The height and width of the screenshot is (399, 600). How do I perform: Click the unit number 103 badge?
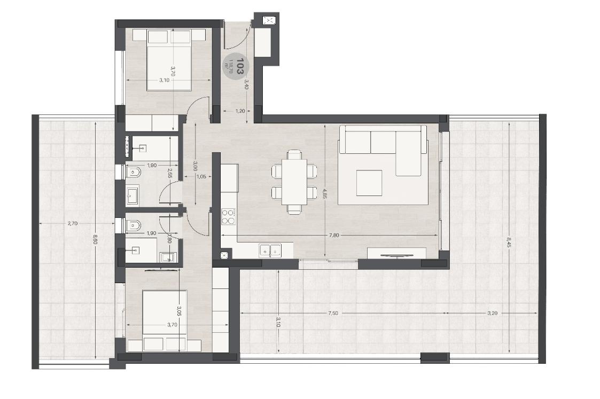click(x=235, y=67)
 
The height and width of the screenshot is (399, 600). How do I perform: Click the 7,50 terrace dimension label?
click(x=333, y=313)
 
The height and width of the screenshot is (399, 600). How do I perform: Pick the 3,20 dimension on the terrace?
click(x=492, y=313)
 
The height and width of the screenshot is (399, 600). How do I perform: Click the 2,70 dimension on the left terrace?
click(x=73, y=223)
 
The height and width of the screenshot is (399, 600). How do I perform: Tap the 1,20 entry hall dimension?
click(x=240, y=111)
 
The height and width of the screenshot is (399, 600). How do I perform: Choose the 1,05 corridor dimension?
click(x=201, y=177)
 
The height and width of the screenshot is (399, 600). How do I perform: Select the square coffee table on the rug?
click(x=370, y=183)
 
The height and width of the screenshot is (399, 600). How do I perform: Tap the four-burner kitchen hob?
click(x=228, y=216)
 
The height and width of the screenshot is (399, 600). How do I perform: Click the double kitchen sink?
click(x=270, y=249)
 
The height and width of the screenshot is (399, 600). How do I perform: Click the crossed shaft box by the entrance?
click(x=269, y=21)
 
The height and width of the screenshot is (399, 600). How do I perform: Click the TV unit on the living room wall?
click(x=396, y=253)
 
